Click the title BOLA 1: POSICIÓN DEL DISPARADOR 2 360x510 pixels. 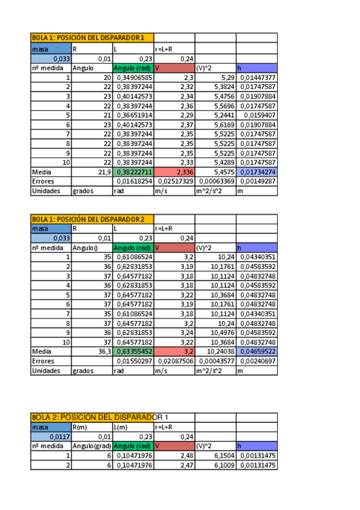[88, 219]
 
